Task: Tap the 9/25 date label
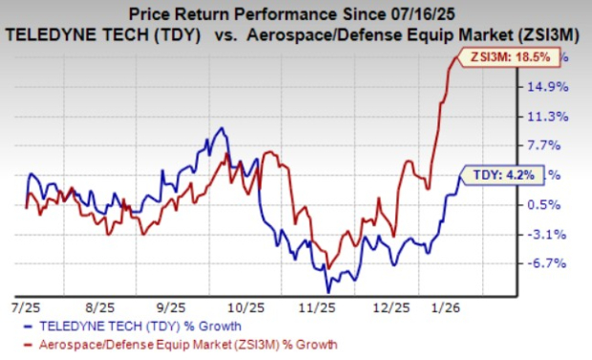tap(168, 308)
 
